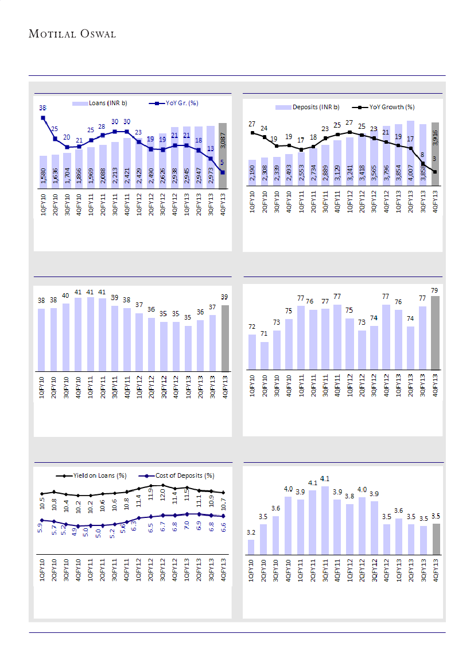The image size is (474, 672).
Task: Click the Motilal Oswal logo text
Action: point(72,34)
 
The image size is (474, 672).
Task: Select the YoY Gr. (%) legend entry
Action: point(180,103)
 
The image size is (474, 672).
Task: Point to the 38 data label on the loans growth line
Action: point(43,108)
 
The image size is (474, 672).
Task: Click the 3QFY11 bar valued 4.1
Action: point(325,520)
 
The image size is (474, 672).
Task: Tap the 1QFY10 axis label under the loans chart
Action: point(44,204)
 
